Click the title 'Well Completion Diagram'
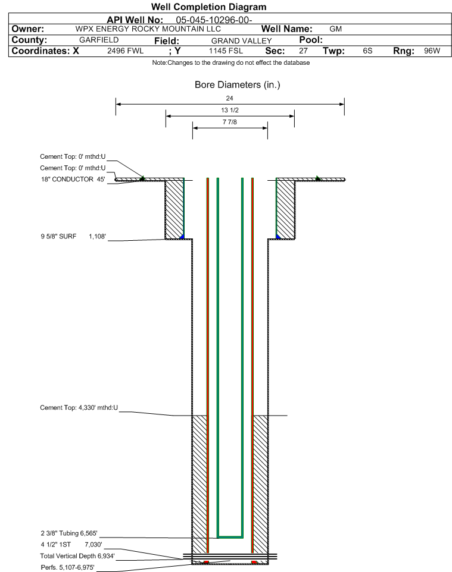[x=208, y=7]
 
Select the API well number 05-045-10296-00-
[x=214, y=20]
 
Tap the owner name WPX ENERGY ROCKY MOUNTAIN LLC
[x=148, y=29]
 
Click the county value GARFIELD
[x=99, y=40]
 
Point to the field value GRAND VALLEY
[x=242, y=41]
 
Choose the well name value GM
[x=335, y=29]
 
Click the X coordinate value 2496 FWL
[x=125, y=51]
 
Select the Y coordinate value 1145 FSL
[x=226, y=51]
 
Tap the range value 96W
[x=432, y=51]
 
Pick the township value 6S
[x=367, y=51]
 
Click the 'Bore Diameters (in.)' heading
[x=238, y=84]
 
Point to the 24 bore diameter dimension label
[x=229, y=98]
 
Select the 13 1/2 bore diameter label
[x=230, y=110]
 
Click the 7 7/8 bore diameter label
[x=230, y=122]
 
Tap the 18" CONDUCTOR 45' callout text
[x=73, y=179]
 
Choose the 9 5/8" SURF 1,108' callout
[x=73, y=237]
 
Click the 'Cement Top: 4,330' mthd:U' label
[x=79, y=407]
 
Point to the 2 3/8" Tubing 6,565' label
[x=69, y=533]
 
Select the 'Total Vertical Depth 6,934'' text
[x=77, y=556]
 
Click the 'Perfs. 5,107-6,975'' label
[x=68, y=567]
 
